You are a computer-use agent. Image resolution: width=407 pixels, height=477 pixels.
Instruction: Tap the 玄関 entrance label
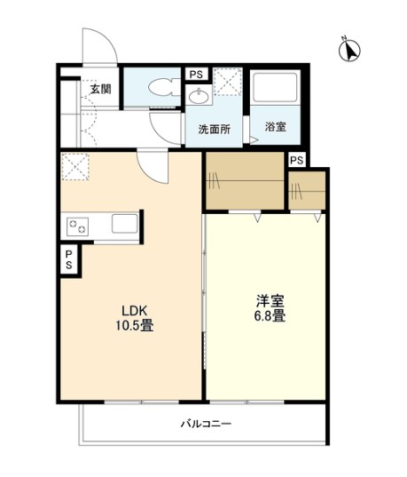click(x=101, y=89)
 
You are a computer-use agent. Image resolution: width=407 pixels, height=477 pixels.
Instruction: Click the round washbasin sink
click(x=199, y=96)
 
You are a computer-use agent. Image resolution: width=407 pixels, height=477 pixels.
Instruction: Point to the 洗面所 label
click(x=215, y=130)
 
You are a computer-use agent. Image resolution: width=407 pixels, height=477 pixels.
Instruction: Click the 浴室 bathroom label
click(x=276, y=127)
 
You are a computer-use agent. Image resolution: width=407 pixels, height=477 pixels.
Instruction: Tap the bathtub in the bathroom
click(x=275, y=87)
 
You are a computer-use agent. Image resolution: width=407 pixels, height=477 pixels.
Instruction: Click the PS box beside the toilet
click(x=197, y=75)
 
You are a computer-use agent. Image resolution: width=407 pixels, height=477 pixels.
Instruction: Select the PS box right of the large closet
click(x=297, y=160)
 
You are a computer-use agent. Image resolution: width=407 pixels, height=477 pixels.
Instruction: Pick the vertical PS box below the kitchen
click(x=69, y=259)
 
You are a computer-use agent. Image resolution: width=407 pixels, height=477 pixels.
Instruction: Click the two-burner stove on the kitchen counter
click(x=77, y=227)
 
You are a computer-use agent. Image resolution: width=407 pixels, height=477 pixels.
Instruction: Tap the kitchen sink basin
click(x=124, y=224)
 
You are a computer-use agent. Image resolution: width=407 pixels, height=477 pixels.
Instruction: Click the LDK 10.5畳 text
click(x=134, y=319)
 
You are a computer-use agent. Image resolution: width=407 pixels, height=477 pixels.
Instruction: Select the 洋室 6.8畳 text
click(x=270, y=308)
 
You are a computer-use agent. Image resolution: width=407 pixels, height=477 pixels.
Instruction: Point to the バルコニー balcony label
click(x=207, y=424)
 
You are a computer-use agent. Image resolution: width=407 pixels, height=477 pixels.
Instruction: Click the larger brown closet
click(x=245, y=180)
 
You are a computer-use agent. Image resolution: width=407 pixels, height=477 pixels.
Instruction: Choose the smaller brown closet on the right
click(x=307, y=191)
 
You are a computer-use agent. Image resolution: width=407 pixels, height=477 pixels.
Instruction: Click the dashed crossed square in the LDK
click(x=75, y=167)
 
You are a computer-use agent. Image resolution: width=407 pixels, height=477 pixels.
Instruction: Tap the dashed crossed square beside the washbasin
click(x=228, y=82)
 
